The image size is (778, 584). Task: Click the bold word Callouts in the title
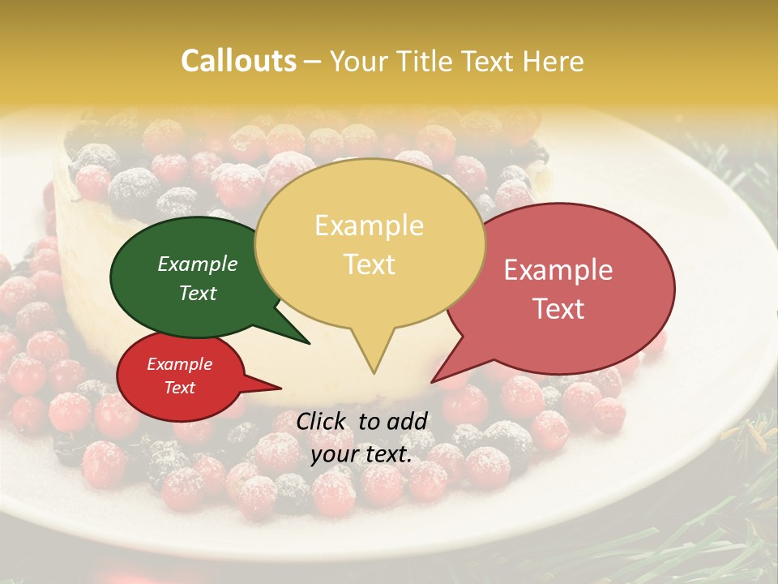tap(238, 61)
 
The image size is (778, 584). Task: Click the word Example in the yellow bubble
tap(369, 225)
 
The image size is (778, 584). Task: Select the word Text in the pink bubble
tap(558, 309)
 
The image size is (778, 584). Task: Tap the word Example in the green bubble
tap(198, 264)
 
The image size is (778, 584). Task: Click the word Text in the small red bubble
tap(180, 388)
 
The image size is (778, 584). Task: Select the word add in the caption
tap(408, 420)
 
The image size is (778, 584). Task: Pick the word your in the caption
tap(336, 454)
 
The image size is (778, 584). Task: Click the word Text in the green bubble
tap(198, 294)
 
